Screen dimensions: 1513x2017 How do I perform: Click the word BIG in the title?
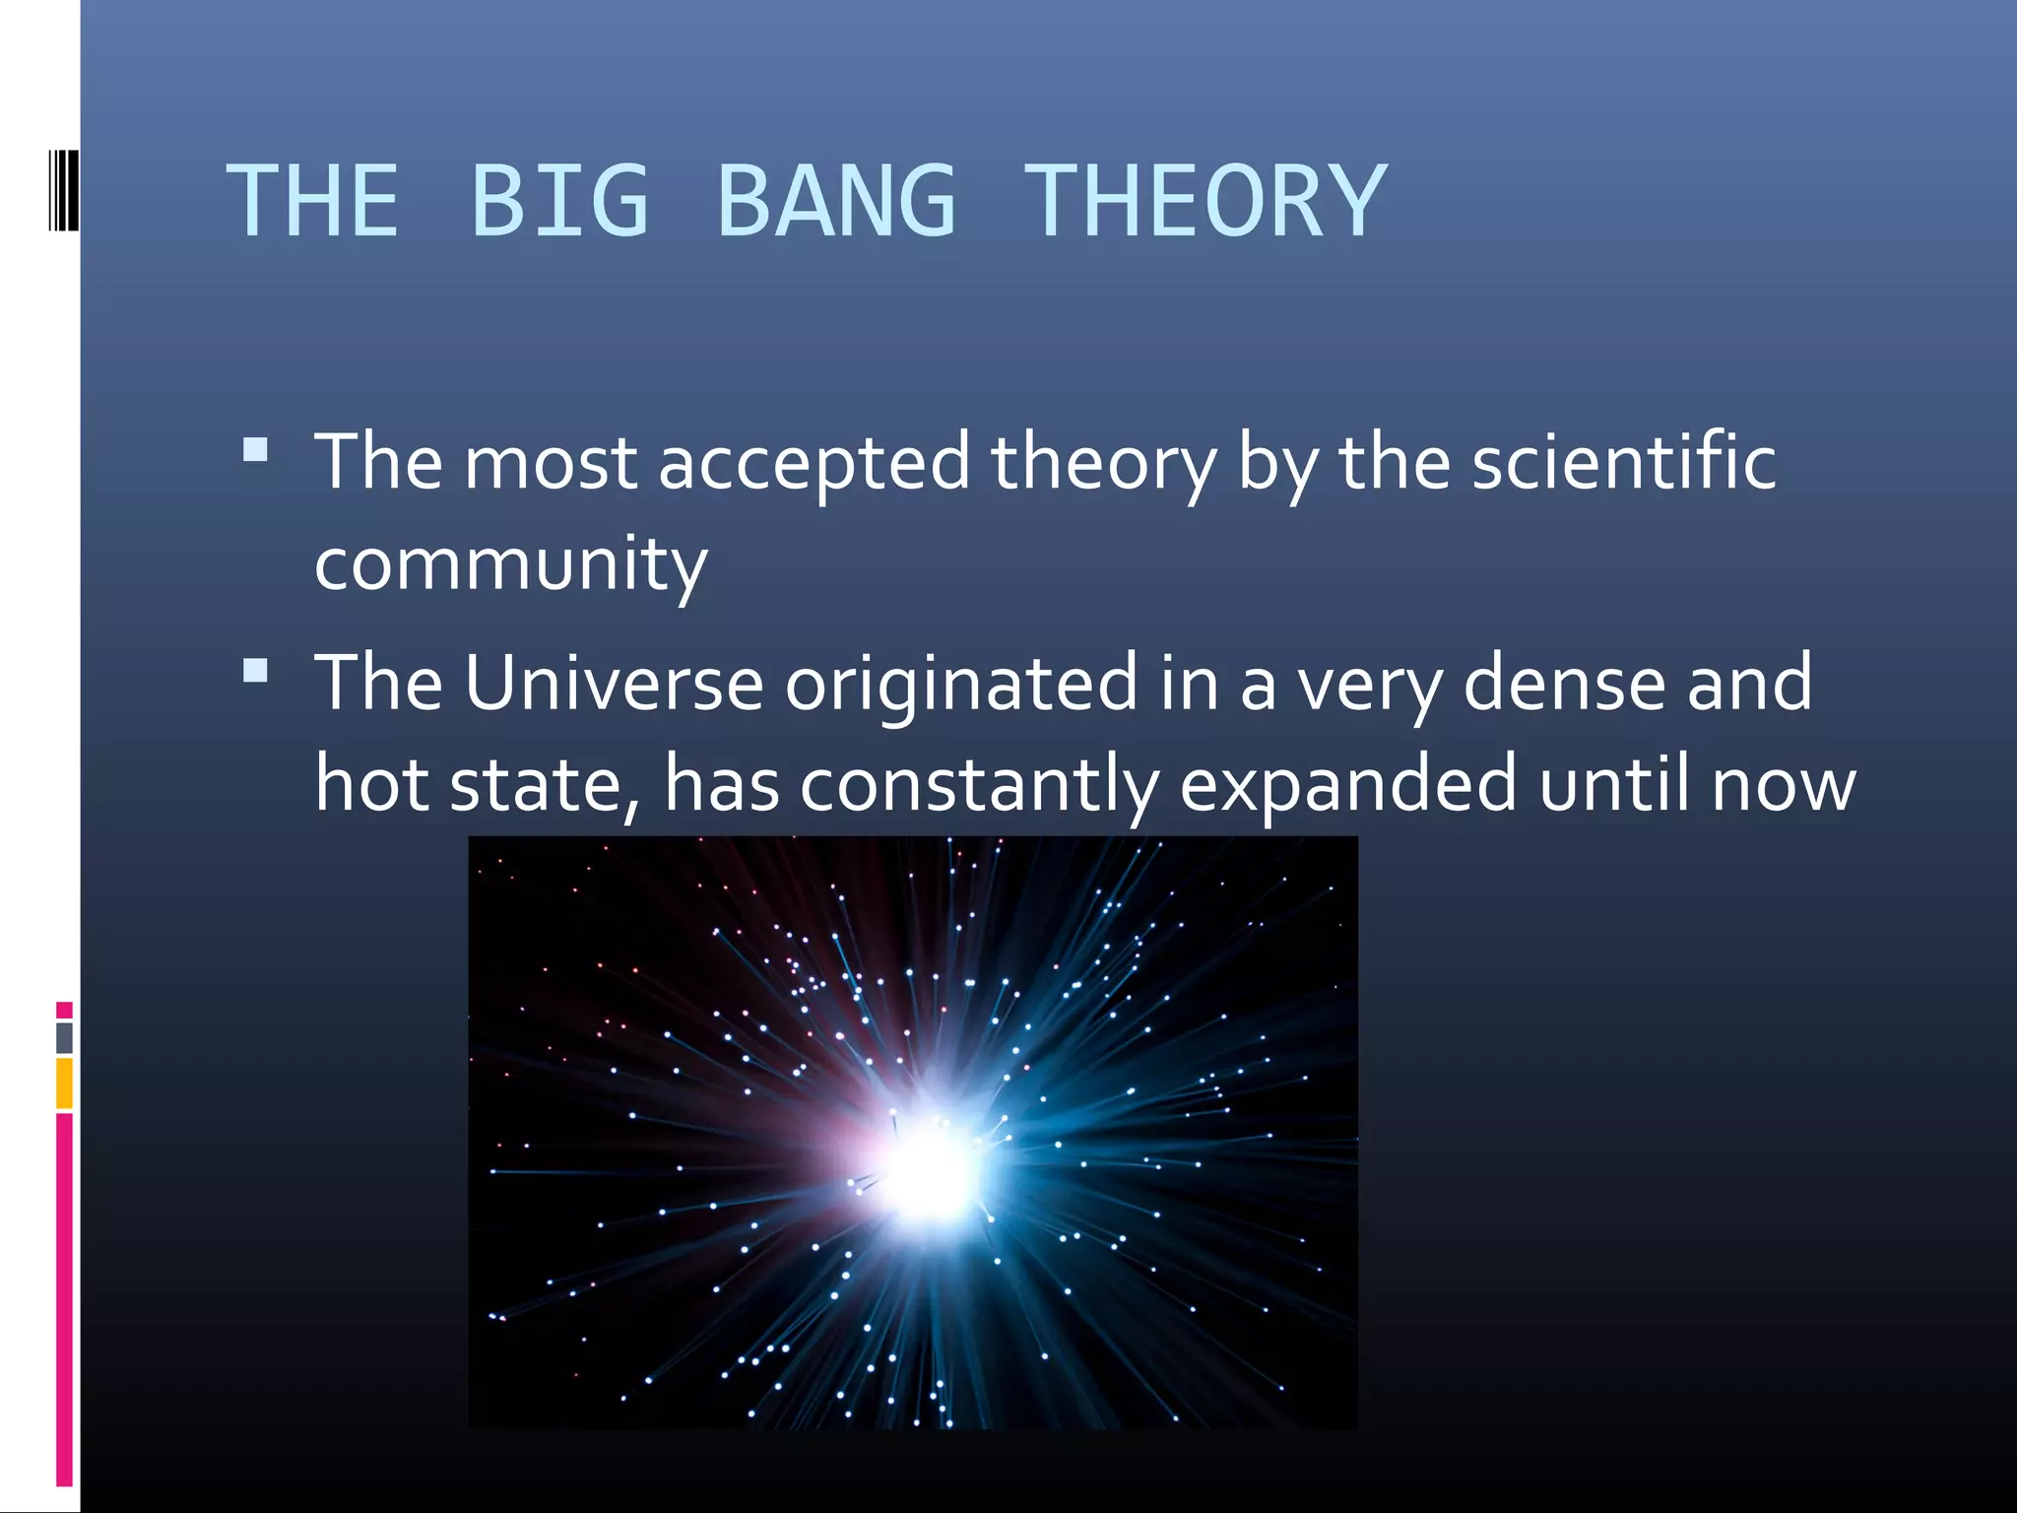point(559,201)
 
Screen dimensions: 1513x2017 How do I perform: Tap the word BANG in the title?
point(836,201)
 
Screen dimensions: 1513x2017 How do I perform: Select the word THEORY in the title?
point(1204,201)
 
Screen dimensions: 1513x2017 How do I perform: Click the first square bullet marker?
point(255,450)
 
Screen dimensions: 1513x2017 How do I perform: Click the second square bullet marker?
point(255,672)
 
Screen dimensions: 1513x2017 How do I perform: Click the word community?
point(510,565)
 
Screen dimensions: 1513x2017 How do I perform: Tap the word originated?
point(961,685)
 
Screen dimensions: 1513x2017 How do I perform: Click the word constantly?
point(979,786)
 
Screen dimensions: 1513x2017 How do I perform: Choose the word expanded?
point(1347,786)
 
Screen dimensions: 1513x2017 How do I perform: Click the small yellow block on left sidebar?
point(64,1083)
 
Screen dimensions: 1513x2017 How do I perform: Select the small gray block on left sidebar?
point(64,1037)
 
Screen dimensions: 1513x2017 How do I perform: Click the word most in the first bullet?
point(550,463)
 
